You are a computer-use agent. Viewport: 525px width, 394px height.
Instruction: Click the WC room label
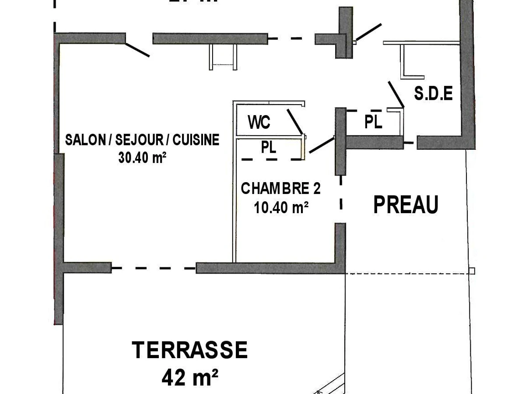point(259,123)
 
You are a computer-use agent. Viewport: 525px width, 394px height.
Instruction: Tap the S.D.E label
point(433,94)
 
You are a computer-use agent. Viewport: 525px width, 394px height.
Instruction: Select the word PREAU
point(406,205)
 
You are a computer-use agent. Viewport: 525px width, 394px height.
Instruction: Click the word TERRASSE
point(190,350)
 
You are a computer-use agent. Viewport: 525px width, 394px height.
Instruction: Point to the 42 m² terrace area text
point(190,376)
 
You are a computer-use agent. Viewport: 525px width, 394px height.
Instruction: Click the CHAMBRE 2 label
point(280,189)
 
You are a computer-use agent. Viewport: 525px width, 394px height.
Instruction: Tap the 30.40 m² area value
point(142,158)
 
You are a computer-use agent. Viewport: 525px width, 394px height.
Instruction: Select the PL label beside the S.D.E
point(373,122)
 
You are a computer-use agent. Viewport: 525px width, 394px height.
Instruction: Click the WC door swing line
point(294,121)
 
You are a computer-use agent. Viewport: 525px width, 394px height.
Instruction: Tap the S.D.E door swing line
point(395,94)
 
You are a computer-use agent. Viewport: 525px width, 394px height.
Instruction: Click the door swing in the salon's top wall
point(137,49)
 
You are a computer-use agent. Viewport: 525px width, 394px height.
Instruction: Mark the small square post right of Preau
point(472,271)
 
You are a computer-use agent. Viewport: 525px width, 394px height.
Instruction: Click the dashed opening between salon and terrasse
point(153,267)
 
